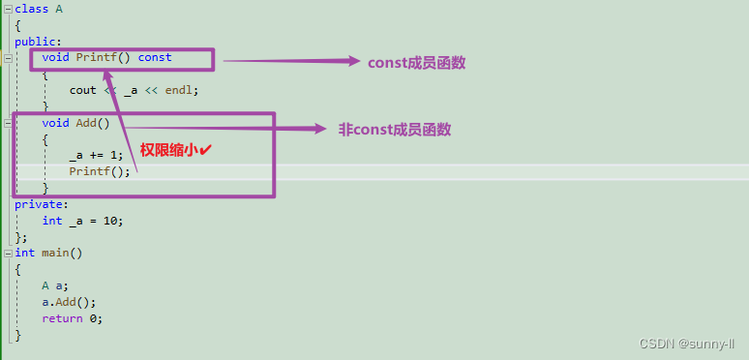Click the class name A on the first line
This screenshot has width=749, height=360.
[59, 10]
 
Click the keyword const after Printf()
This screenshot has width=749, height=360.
[155, 57]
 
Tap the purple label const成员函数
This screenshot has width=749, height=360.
[417, 62]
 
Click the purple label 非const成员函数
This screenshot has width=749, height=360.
[395, 129]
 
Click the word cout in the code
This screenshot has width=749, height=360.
[83, 90]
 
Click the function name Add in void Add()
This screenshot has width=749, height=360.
[86, 123]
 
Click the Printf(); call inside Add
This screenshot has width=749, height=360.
[100, 172]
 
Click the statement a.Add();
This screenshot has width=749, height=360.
[69, 302]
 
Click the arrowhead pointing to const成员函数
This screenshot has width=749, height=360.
[353, 61]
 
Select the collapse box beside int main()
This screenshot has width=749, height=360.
[8, 253]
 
